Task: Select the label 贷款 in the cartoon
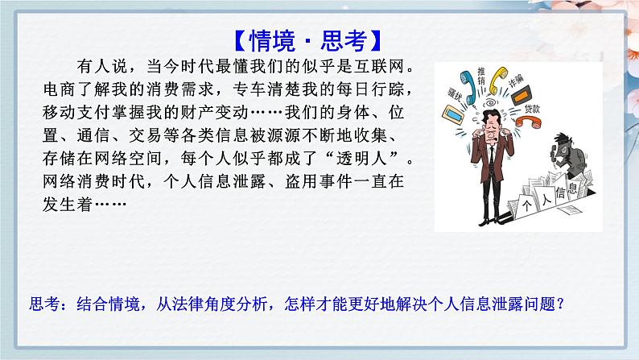[533, 108]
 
